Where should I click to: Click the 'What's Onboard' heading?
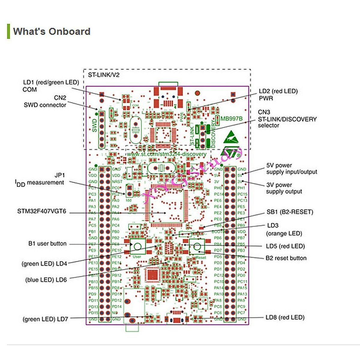click(x=52, y=31)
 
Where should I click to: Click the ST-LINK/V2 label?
click(x=103, y=75)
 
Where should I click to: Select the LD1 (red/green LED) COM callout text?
click(x=51, y=86)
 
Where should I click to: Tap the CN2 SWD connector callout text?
click(x=45, y=101)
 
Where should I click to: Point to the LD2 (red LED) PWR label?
click(x=278, y=94)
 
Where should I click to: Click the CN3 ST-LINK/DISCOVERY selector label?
click(x=287, y=119)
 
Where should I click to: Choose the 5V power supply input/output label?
click(x=291, y=169)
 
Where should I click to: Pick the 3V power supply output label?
click(x=284, y=188)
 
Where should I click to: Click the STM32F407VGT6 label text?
click(x=42, y=211)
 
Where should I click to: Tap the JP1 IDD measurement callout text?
click(x=40, y=179)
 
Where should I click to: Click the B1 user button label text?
click(x=47, y=244)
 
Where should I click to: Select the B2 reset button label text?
click(x=286, y=258)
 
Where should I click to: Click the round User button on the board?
click(x=137, y=246)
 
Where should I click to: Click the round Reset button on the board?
click(x=197, y=247)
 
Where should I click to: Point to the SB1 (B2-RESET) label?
click(x=290, y=212)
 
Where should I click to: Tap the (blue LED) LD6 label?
click(x=46, y=280)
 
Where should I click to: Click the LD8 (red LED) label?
click(x=285, y=317)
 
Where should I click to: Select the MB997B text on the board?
click(x=231, y=118)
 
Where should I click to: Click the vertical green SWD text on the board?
click(x=94, y=126)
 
